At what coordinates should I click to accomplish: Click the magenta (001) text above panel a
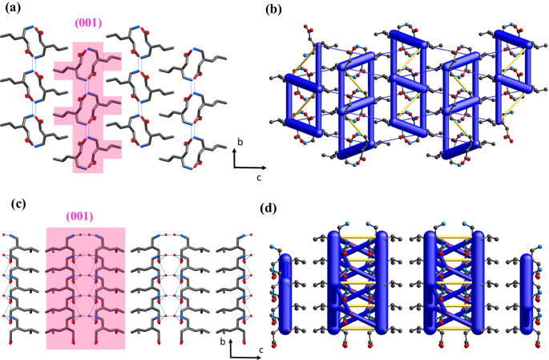click(x=89, y=23)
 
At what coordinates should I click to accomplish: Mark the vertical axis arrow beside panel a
click(x=234, y=157)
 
